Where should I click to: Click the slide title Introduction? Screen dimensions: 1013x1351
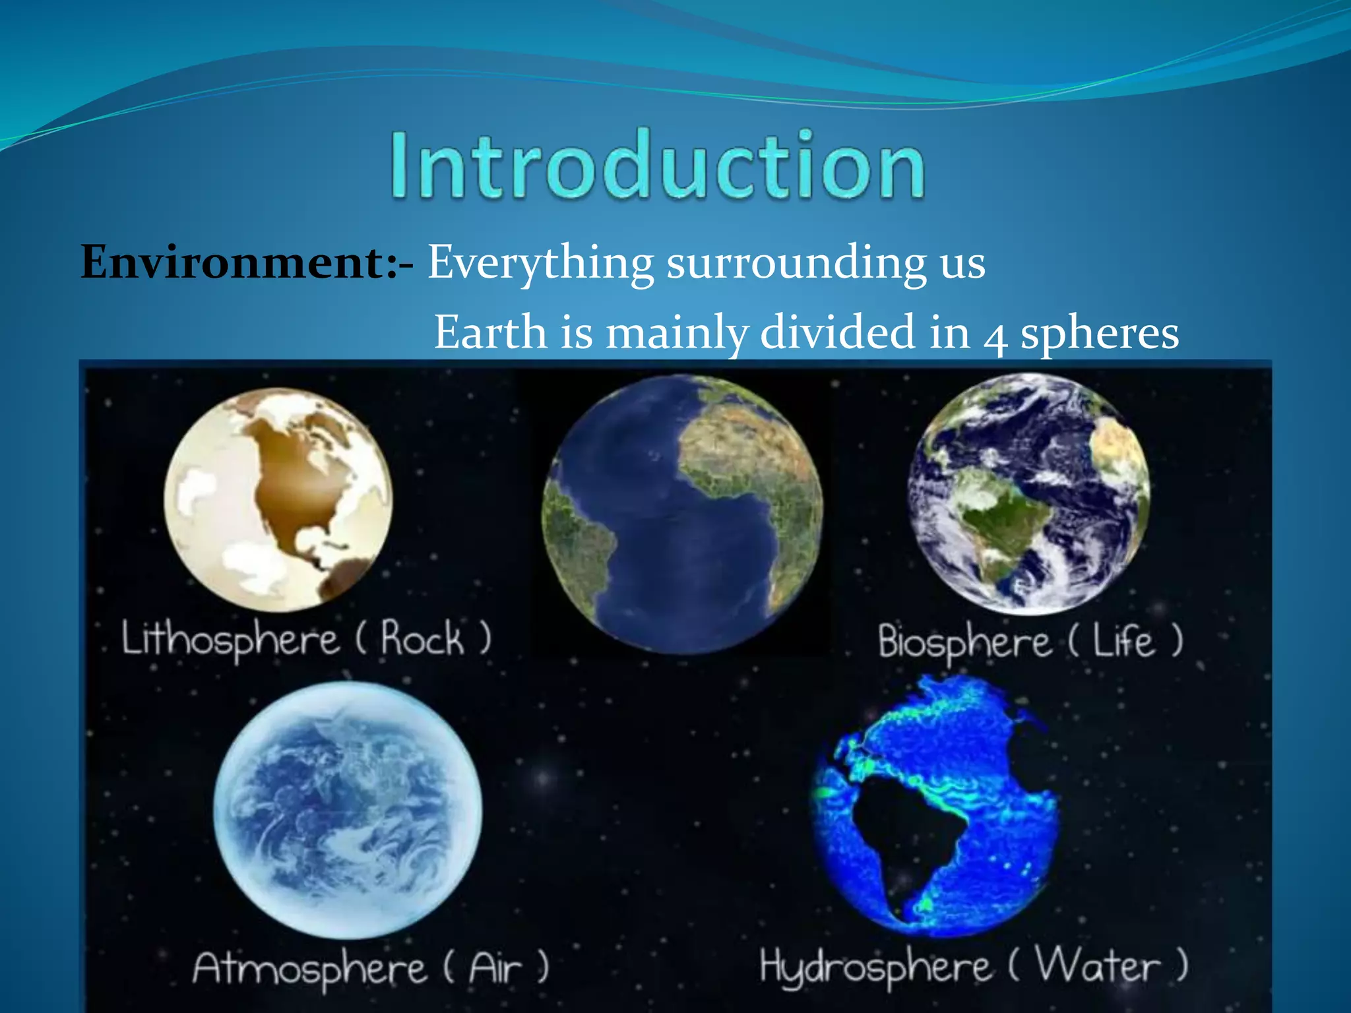(658, 165)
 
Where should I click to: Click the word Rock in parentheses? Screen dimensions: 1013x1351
(422, 638)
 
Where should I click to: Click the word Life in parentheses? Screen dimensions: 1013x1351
(1124, 641)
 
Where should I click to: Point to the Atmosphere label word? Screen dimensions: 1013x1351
(309, 969)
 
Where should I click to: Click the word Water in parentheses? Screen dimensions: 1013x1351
(1097, 966)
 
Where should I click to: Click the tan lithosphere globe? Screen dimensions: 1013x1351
(278, 499)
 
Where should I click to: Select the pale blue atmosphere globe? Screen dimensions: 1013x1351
(348, 810)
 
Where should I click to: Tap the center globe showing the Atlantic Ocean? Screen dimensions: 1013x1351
(682, 514)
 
